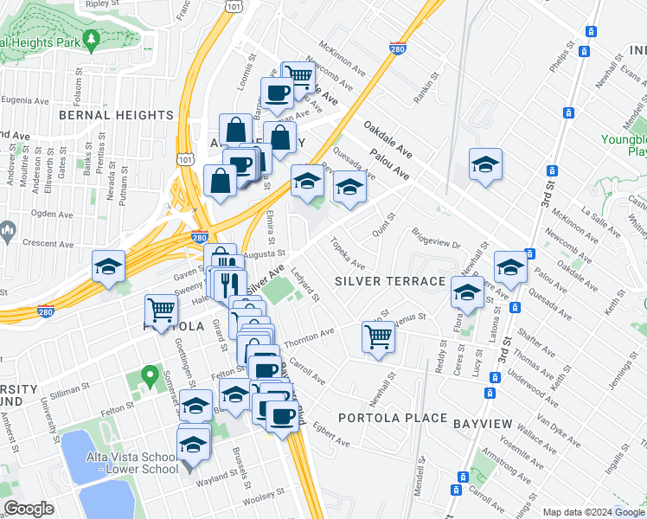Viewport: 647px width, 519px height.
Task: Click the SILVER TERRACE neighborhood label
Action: click(x=390, y=282)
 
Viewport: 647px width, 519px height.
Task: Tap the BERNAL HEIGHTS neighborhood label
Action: click(x=117, y=115)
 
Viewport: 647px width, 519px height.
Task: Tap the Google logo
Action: click(x=29, y=509)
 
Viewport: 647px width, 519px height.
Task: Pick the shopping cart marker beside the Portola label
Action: click(x=162, y=309)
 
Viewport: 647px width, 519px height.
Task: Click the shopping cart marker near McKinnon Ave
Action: click(x=299, y=76)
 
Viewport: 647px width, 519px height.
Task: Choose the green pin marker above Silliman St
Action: click(x=150, y=377)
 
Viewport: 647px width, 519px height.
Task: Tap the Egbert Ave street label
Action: click(x=331, y=433)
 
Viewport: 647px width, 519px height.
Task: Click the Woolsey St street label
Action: click(x=265, y=495)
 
